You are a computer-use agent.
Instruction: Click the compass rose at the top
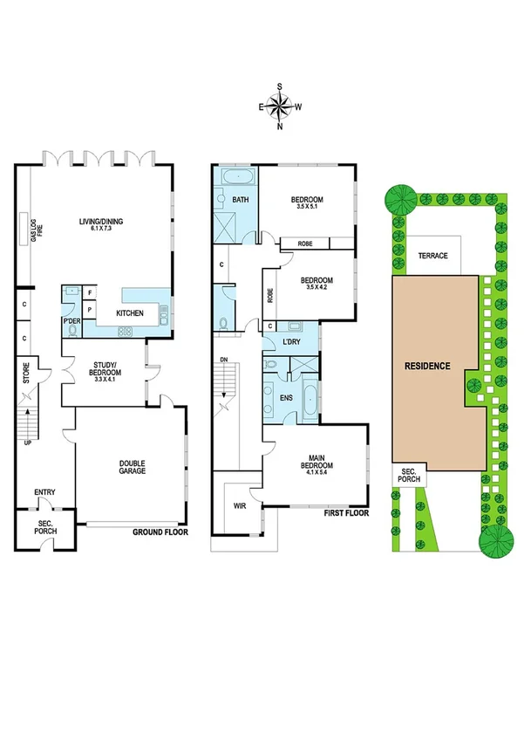pos(280,106)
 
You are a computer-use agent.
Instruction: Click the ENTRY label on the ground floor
pos(44,492)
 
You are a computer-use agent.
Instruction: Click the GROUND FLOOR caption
pos(160,532)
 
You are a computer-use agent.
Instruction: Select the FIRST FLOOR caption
pos(344,513)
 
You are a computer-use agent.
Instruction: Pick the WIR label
pos(238,504)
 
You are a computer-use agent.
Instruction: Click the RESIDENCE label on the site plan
pos(426,366)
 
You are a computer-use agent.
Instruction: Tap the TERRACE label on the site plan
pos(432,256)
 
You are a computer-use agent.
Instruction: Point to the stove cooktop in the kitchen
pos(125,331)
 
